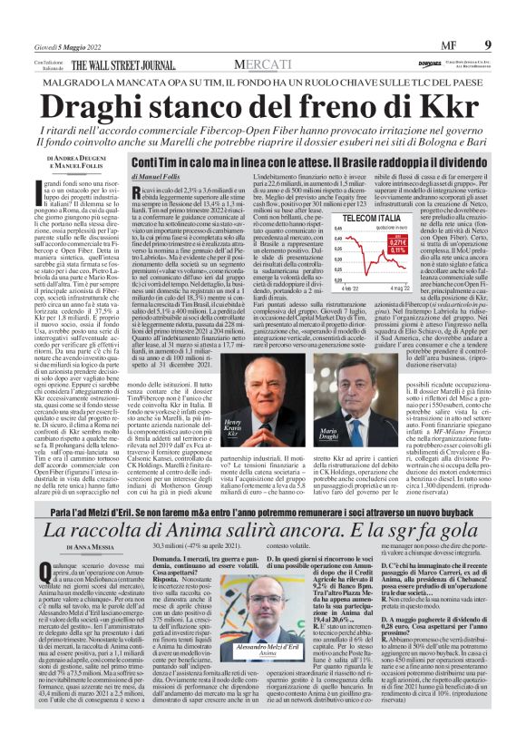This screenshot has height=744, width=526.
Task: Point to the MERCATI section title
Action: coord(263,65)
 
